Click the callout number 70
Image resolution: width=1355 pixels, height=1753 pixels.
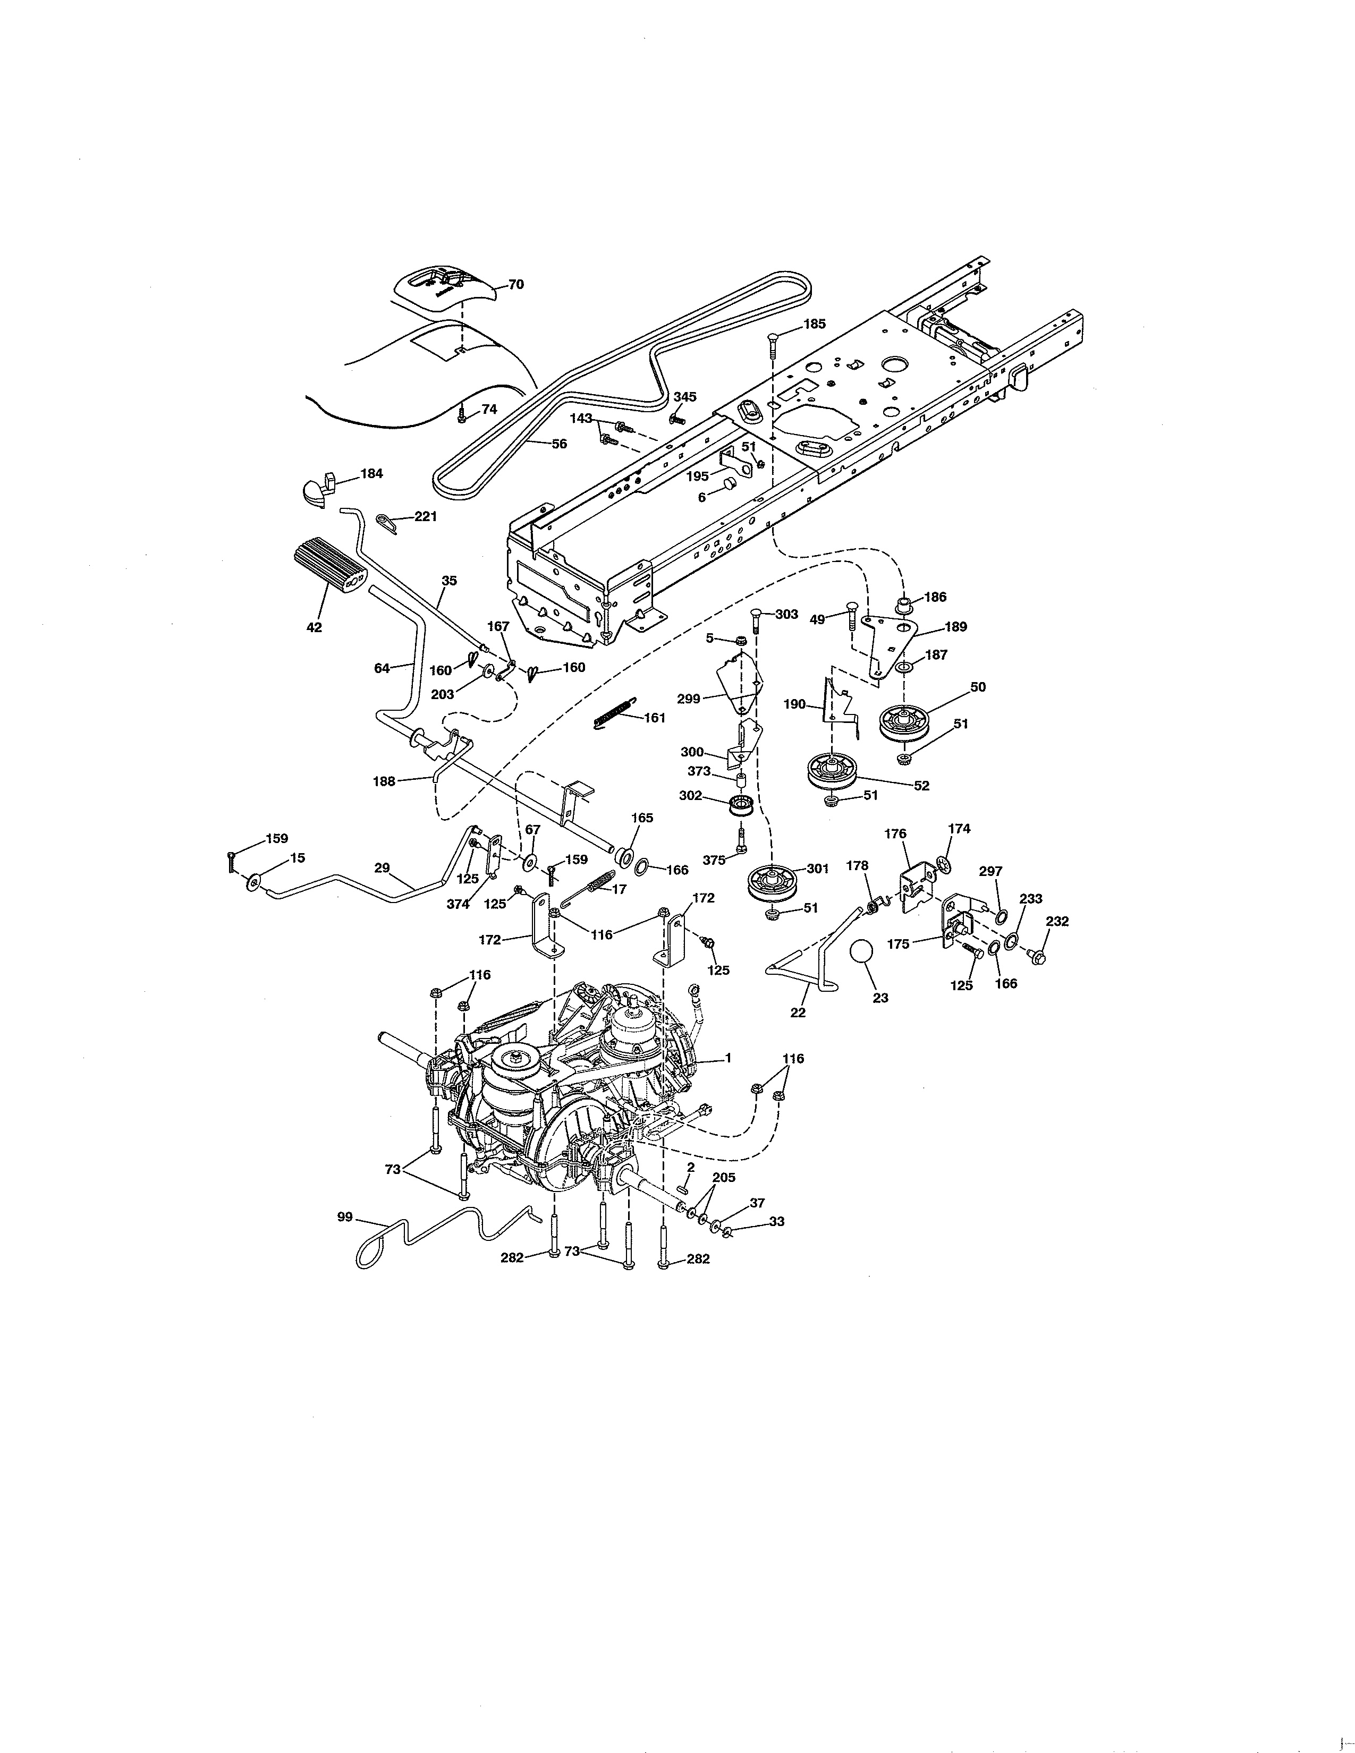[x=515, y=284]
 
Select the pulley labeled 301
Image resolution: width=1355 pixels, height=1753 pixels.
[x=772, y=882]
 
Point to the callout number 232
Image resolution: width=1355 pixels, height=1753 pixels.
[x=1057, y=922]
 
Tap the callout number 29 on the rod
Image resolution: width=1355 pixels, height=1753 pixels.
[x=382, y=867]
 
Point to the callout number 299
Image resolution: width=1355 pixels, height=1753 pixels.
[x=689, y=699]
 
